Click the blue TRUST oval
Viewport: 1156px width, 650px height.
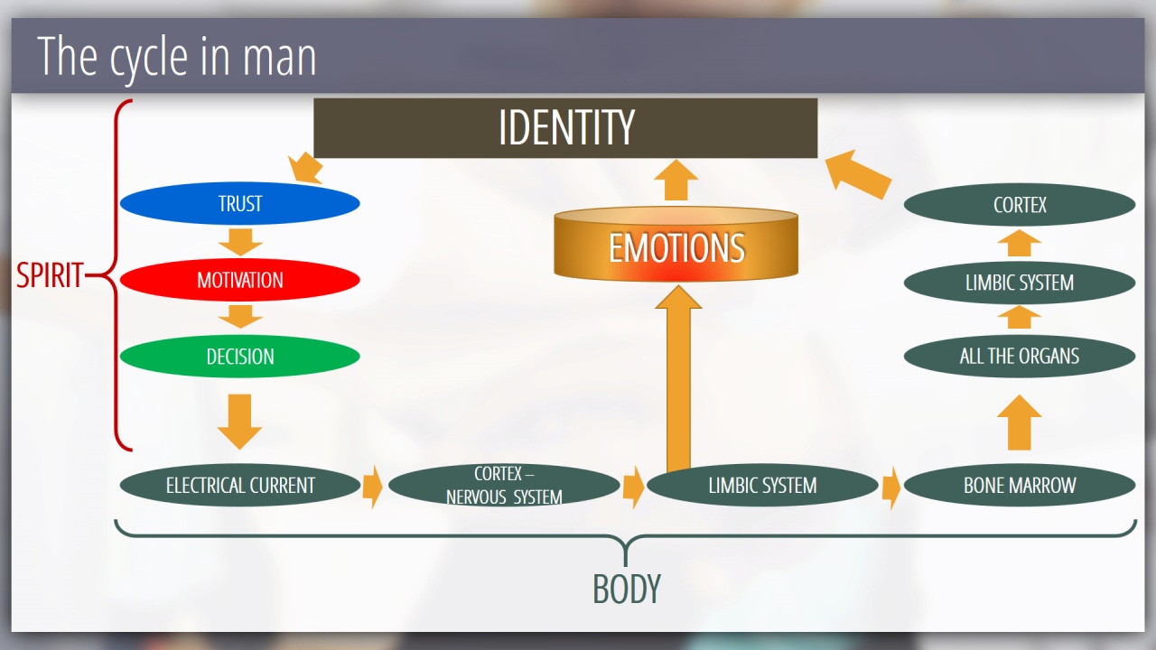239,204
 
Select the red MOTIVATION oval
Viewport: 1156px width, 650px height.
239,280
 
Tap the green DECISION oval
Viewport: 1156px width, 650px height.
239,357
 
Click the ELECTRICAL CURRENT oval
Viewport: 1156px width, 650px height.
240,486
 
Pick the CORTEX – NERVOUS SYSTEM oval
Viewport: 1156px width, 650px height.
504,486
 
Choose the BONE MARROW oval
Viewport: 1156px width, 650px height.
1019,486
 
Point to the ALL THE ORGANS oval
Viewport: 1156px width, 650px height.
1019,356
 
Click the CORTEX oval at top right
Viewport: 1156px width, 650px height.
1019,205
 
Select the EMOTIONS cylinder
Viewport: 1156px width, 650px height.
676,246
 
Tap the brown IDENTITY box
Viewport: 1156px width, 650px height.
565,128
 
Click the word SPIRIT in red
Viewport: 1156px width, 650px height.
51,275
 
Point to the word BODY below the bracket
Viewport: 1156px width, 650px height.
627,590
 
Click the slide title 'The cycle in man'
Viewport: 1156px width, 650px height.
177,56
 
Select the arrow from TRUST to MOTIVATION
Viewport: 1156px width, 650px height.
240,242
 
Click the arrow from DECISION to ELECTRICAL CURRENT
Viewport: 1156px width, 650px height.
240,420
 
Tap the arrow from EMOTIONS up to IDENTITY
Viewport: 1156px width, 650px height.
676,181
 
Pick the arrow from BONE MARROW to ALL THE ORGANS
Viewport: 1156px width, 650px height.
1019,422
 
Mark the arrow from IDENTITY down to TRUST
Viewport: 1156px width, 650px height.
306,167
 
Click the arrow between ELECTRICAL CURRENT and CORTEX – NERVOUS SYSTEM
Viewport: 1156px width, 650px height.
372,487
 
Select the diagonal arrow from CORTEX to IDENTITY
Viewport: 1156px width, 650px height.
858,173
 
